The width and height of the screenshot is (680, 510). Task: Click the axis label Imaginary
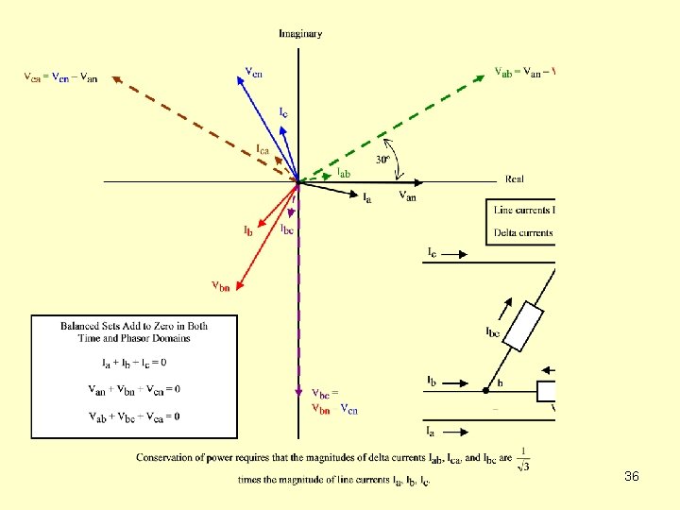click(x=300, y=33)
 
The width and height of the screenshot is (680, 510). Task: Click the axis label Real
click(x=515, y=178)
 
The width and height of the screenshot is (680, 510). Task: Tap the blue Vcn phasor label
click(x=254, y=71)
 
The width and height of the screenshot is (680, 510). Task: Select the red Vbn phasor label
click(x=219, y=285)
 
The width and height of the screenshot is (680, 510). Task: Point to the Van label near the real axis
click(x=407, y=196)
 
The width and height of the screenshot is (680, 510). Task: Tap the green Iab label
click(x=345, y=173)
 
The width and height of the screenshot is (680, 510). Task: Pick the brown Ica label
click(x=266, y=148)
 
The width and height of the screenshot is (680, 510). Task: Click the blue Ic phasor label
click(x=283, y=111)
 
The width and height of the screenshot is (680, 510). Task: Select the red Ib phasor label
click(x=247, y=229)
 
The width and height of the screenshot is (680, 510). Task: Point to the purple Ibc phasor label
click(x=286, y=228)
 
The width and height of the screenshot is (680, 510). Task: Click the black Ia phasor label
click(x=367, y=196)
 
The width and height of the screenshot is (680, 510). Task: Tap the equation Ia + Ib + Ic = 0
click(x=134, y=363)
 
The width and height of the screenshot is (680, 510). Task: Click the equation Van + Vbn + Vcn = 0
click(x=134, y=389)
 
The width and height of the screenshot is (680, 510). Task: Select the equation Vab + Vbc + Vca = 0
click(x=134, y=416)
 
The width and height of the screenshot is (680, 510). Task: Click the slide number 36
click(x=632, y=477)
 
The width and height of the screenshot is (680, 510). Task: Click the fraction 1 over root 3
click(x=524, y=457)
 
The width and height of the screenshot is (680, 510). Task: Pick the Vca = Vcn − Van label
click(x=60, y=77)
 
